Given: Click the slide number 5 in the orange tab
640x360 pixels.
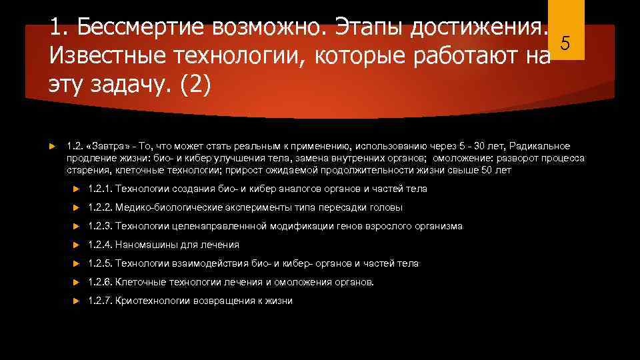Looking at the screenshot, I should [x=565, y=44].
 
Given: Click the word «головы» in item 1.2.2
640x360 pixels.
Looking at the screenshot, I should [x=387, y=207].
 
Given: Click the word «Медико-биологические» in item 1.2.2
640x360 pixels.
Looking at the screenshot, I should [x=164, y=207].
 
